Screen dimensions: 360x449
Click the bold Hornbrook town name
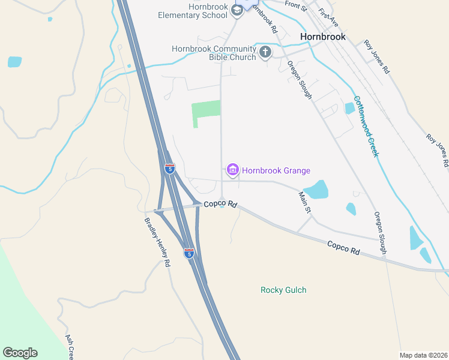click(x=322, y=37)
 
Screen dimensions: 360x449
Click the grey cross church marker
click(x=265, y=53)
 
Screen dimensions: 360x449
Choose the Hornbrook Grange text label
click(x=276, y=171)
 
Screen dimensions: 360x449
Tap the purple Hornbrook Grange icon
click(x=232, y=170)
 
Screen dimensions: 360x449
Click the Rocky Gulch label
click(x=283, y=290)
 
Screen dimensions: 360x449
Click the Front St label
click(x=296, y=6)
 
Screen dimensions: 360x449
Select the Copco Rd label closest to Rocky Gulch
click(x=343, y=248)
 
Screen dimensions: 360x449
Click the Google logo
click(x=20, y=353)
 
